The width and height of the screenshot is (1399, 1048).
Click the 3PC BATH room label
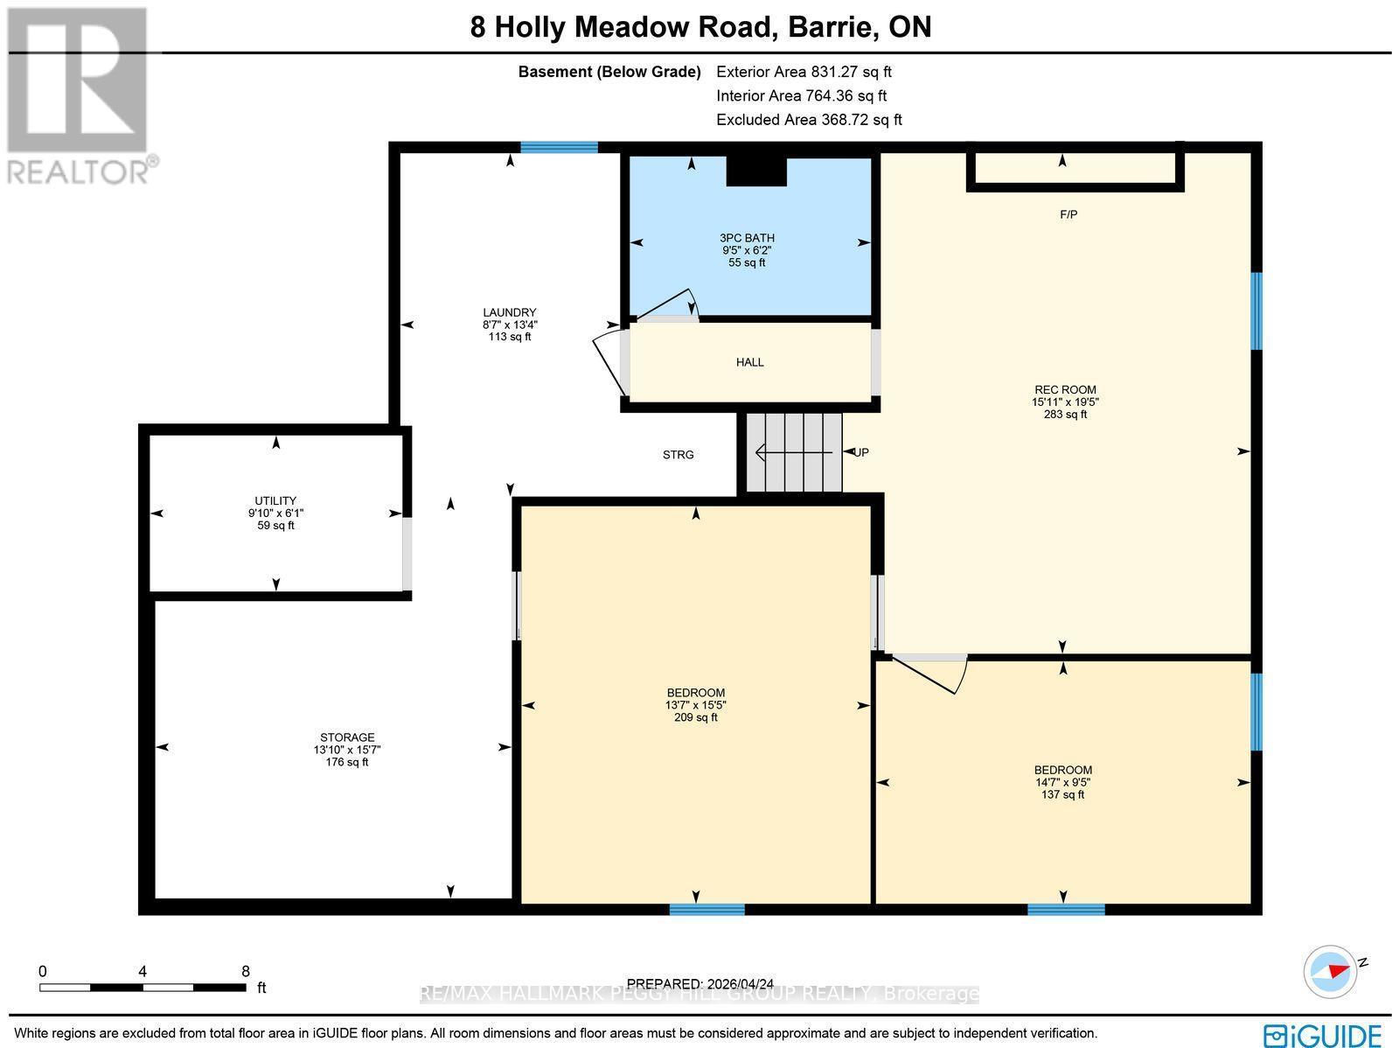[x=747, y=238]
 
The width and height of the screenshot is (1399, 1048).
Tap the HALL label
[x=749, y=362]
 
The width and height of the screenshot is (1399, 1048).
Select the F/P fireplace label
[x=1068, y=214]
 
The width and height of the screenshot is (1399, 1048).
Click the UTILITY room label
[x=275, y=501]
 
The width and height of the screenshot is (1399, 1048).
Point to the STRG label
[x=678, y=455]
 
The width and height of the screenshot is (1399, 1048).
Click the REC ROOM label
[x=1064, y=390]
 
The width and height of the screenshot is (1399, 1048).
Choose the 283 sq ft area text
[x=1064, y=415]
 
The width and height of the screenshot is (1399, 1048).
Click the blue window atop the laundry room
[x=559, y=147]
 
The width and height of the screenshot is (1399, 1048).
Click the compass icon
[x=1330, y=971]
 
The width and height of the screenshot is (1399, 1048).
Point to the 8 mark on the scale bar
[x=246, y=971]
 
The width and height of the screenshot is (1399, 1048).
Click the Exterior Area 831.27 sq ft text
[x=804, y=73]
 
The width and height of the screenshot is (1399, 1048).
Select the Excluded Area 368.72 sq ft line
[x=809, y=120]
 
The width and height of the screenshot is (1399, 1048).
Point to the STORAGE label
[x=347, y=737]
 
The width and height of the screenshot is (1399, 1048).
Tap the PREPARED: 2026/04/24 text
[x=700, y=984]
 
